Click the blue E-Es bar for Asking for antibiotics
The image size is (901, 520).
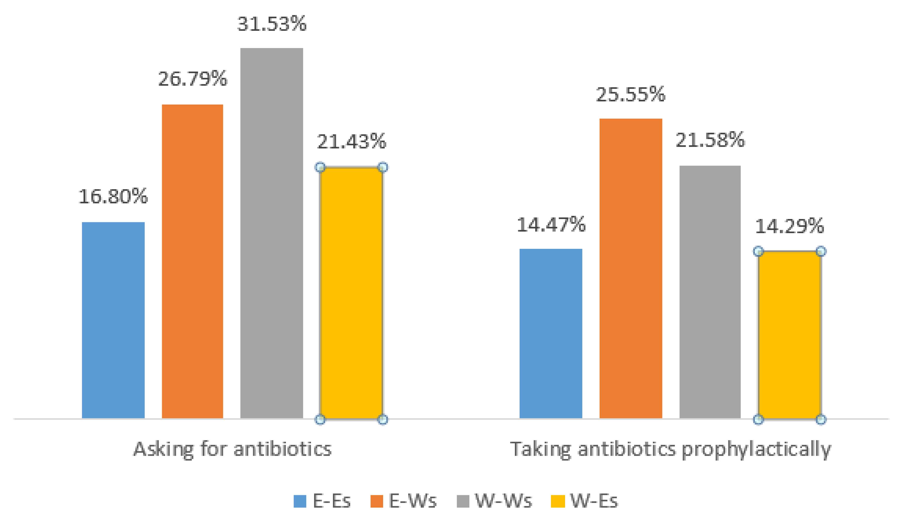coord(113,320)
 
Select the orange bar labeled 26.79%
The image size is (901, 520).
coord(192,261)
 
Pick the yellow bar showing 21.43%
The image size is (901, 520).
coord(351,293)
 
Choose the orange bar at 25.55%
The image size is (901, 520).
coord(631,268)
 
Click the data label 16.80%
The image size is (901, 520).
coord(113,196)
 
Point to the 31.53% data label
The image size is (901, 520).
coord(272,24)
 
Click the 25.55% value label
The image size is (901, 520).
coord(631,95)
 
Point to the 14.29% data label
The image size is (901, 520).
coord(789,226)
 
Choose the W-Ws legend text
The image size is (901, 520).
coord(504,501)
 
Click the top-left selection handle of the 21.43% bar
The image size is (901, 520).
coord(320,167)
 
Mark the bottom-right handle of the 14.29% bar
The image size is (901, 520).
coord(821,419)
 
